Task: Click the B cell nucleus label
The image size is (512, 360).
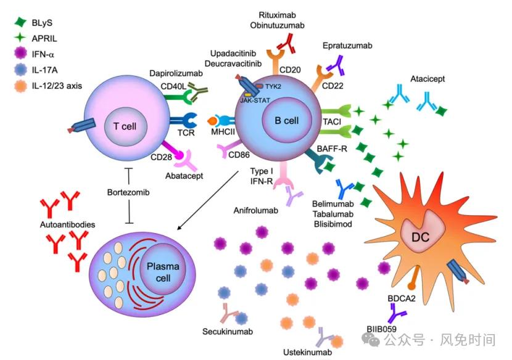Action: pos(286,120)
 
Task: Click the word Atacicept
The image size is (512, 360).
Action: pos(429,79)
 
